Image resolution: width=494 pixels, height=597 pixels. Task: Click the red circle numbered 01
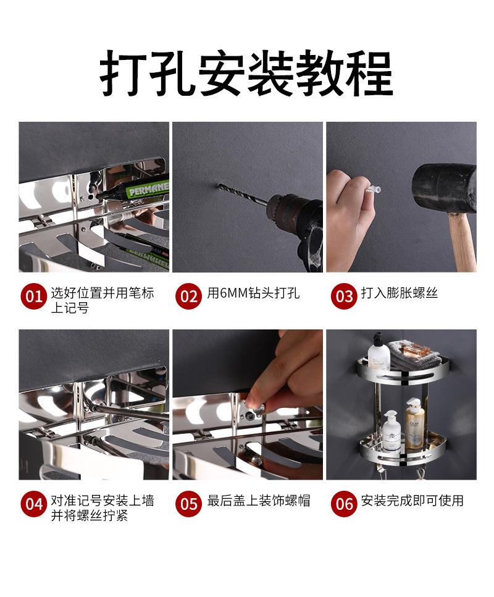click(x=34, y=296)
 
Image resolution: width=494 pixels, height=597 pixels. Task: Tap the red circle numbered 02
click(x=188, y=296)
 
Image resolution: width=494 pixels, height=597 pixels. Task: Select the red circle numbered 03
click(x=344, y=296)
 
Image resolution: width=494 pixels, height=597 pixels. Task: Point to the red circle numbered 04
click(x=34, y=504)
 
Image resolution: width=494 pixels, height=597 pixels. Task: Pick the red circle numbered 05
click(x=188, y=504)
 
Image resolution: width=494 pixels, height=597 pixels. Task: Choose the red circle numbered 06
click(x=344, y=504)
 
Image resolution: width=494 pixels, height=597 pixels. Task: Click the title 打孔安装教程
click(x=246, y=73)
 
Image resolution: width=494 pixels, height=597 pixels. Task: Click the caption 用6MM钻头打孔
click(x=253, y=293)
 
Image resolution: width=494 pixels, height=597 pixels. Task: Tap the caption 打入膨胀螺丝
click(x=400, y=293)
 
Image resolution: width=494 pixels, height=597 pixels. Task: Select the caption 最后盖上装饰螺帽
click(x=259, y=501)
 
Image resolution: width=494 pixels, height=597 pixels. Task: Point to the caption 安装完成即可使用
click(x=412, y=501)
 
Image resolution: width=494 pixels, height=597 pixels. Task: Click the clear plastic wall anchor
click(x=371, y=189)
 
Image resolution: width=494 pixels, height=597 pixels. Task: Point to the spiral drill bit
click(x=243, y=195)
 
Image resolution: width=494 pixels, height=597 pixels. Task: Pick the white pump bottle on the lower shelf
click(x=391, y=432)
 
